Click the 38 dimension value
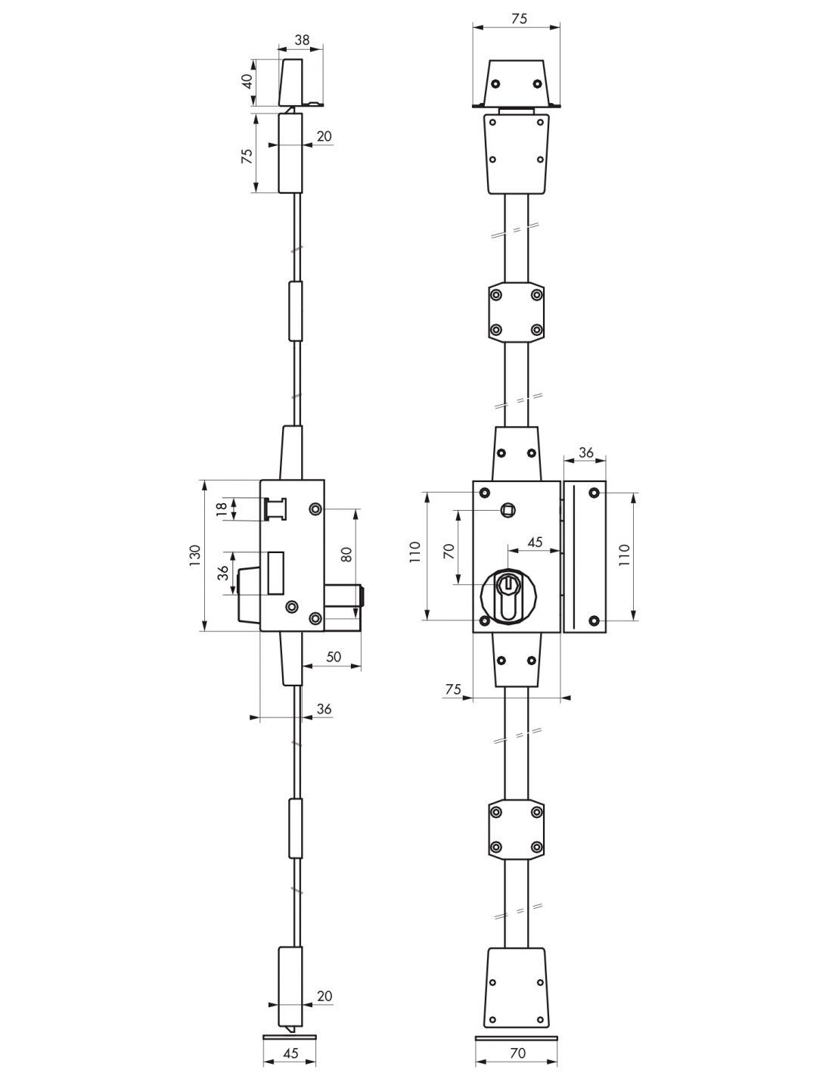point(302,39)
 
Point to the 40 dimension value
point(248,81)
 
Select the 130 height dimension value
point(195,555)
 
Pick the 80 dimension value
point(346,554)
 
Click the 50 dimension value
point(334,657)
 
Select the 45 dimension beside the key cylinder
point(535,543)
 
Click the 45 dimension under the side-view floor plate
point(290,1053)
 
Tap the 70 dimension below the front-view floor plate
point(517,1053)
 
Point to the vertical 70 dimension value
point(449,551)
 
